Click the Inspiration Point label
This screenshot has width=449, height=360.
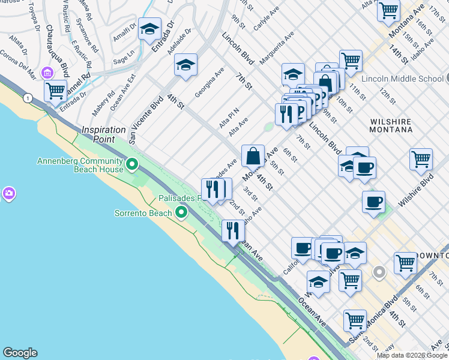(x=104, y=134)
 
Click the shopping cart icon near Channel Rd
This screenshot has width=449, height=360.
(x=55, y=91)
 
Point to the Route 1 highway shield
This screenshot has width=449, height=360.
(x=27, y=97)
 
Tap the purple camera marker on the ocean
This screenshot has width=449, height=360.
(x=8, y=193)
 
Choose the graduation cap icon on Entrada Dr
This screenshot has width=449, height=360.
(x=149, y=28)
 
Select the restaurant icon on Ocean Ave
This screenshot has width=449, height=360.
(x=232, y=230)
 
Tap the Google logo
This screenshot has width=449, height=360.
(x=20, y=353)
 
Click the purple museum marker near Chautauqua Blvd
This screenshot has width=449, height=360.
(x=47, y=73)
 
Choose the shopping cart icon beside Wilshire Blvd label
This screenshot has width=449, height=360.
(x=421, y=159)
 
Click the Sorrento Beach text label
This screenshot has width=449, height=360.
(x=143, y=213)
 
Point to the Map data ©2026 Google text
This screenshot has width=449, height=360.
(x=412, y=355)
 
